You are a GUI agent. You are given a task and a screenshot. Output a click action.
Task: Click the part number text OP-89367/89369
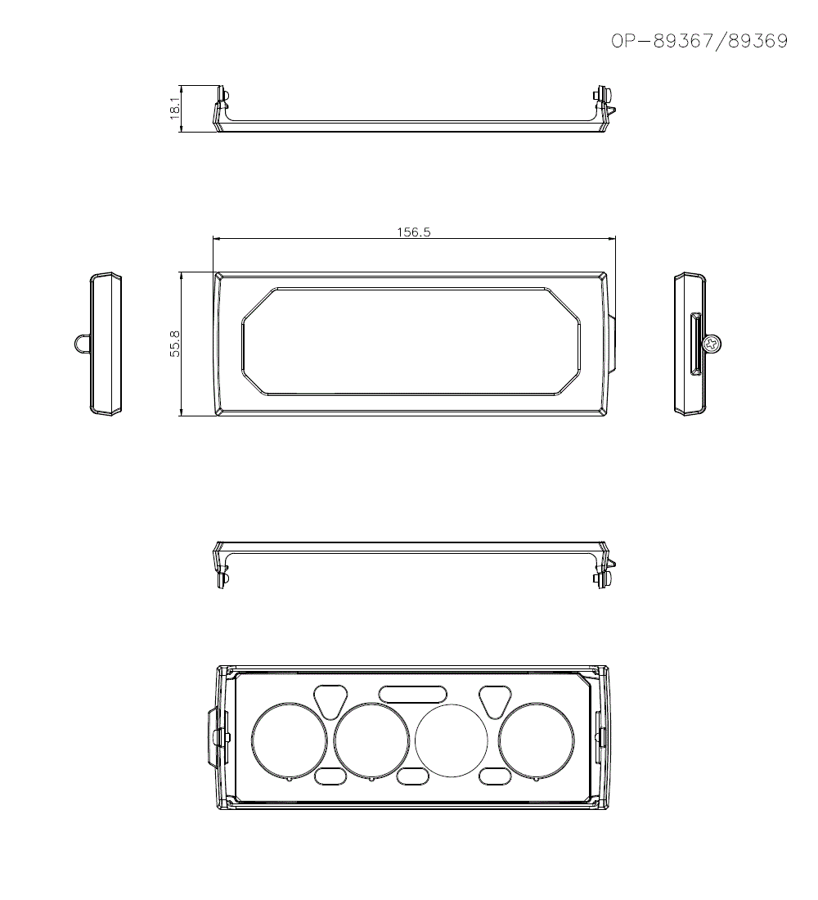tap(699, 42)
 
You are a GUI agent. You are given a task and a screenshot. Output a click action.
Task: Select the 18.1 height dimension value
tap(175, 109)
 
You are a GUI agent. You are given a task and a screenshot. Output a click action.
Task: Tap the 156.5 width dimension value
tap(413, 232)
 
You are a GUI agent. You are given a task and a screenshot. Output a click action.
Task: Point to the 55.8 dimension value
tap(175, 344)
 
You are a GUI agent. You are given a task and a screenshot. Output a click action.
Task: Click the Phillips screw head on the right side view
tap(712, 344)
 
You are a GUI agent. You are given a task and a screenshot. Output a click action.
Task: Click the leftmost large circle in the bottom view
tap(289, 740)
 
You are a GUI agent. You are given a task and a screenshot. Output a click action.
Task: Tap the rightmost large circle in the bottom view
tap(537, 740)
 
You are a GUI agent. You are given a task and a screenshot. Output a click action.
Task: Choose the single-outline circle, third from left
tap(452, 740)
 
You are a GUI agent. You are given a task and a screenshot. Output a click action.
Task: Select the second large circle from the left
tap(371, 740)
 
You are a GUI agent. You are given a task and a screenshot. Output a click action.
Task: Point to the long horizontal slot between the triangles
tap(413, 693)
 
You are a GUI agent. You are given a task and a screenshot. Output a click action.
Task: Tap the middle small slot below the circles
tap(412, 776)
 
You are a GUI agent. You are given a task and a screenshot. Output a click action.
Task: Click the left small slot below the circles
tap(330, 776)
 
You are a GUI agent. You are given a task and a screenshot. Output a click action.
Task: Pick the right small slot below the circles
tap(495, 776)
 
